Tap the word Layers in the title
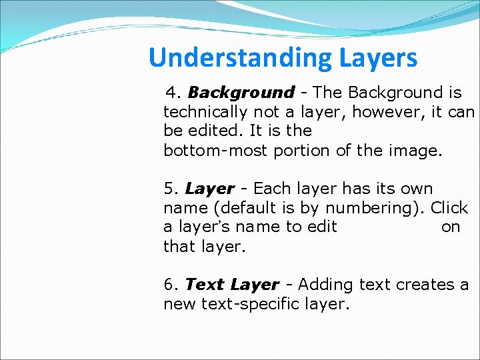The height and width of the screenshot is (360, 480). pos(377,59)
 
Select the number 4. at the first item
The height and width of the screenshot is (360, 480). pos(175,92)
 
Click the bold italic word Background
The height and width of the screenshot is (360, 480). pos(241,93)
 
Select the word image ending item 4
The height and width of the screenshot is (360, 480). pos(413,150)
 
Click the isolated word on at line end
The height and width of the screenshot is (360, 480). pos(451,227)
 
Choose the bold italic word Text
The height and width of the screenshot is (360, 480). pos(205,285)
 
